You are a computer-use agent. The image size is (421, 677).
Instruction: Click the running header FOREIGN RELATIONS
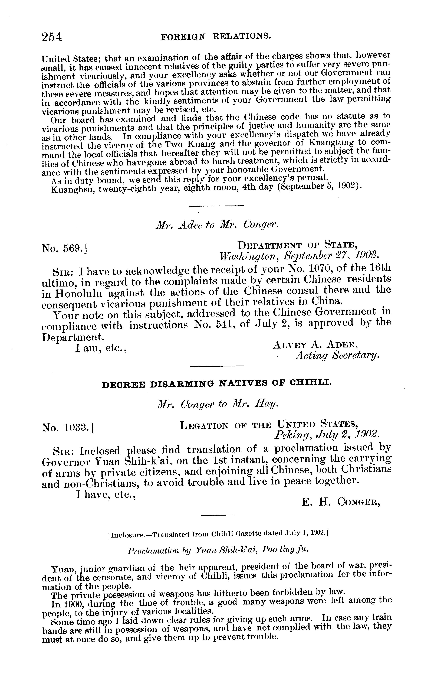pos(216,36)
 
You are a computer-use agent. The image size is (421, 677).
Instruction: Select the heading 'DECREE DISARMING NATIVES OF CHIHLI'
pos(216,385)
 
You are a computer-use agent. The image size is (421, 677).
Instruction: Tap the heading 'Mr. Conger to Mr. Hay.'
pos(216,405)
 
